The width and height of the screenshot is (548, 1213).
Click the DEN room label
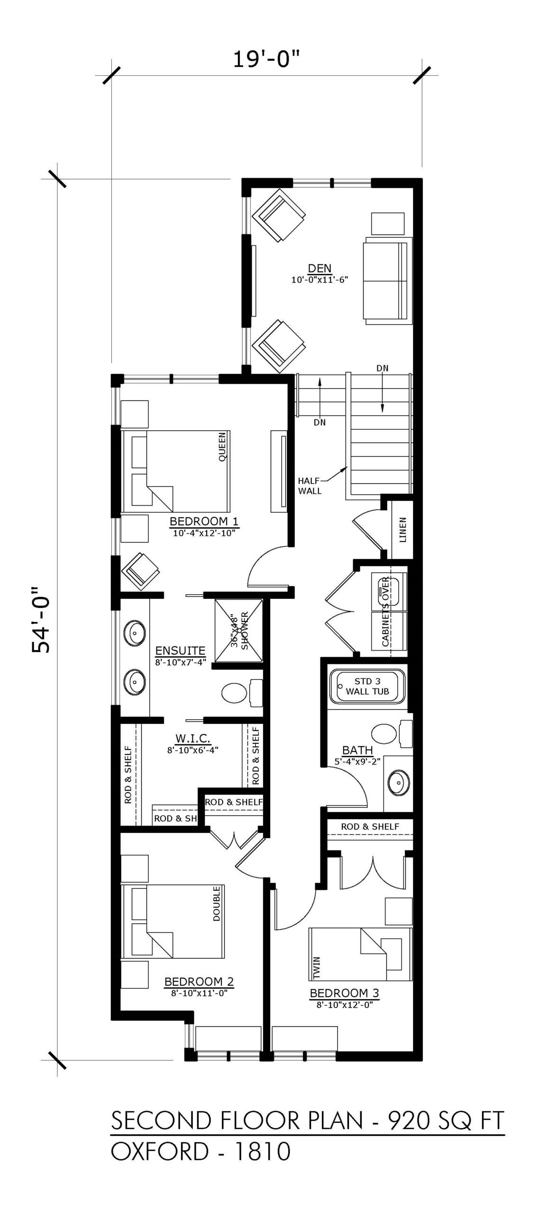(x=320, y=269)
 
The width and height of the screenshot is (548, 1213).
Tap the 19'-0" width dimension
(x=267, y=60)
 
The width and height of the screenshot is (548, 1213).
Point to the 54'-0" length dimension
(x=41, y=621)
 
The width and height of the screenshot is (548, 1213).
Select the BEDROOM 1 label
(x=204, y=522)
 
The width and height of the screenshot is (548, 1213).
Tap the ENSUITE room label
(x=180, y=651)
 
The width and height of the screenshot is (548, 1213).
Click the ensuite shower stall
(x=238, y=630)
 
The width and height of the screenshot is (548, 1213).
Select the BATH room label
(x=357, y=750)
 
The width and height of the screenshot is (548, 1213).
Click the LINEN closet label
(x=403, y=529)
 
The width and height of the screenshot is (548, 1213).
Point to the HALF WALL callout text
(x=310, y=486)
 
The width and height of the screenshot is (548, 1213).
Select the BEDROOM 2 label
(x=199, y=981)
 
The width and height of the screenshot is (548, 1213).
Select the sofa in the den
(x=385, y=283)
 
